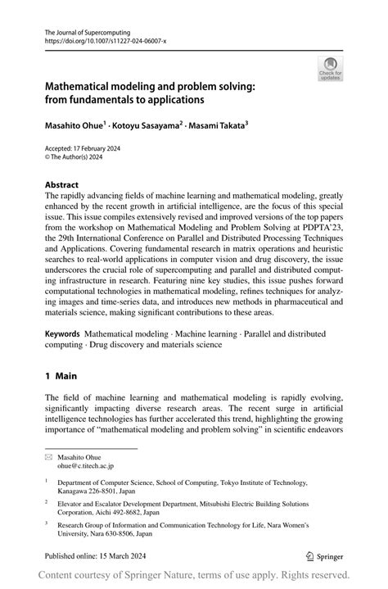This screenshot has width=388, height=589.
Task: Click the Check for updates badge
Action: [x=330, y=69]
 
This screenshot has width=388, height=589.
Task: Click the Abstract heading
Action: [x=61, y=186]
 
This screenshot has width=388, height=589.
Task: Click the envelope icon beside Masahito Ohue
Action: [x=49, y=455]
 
